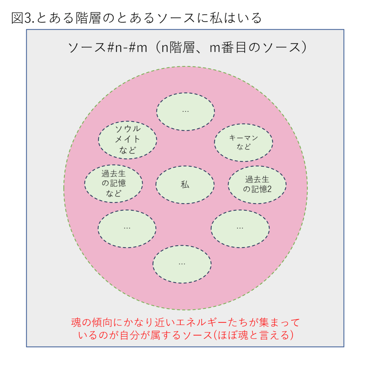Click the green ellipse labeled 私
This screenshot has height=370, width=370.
[185, 185]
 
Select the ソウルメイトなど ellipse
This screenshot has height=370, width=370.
[128, 140]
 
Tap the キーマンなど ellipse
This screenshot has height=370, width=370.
[244, 142]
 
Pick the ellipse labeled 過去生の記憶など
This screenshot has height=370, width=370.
[113, 184]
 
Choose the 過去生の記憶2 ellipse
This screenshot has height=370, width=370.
[257, 185]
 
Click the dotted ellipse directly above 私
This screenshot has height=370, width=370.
[185, 112]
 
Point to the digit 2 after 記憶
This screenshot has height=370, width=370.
[270, 189]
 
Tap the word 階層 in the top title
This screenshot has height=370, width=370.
[88, 18]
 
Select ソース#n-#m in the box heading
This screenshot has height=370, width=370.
[108, 47]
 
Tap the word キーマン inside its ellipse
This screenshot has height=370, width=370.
[244, 138]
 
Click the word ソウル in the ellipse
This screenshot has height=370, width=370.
[128, 129]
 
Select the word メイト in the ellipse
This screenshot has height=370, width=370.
[128, 139]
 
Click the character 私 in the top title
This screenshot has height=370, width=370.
[216, 18]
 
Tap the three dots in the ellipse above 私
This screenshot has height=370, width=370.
[185, 111]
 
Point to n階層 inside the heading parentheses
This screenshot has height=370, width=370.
[177, 47]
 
